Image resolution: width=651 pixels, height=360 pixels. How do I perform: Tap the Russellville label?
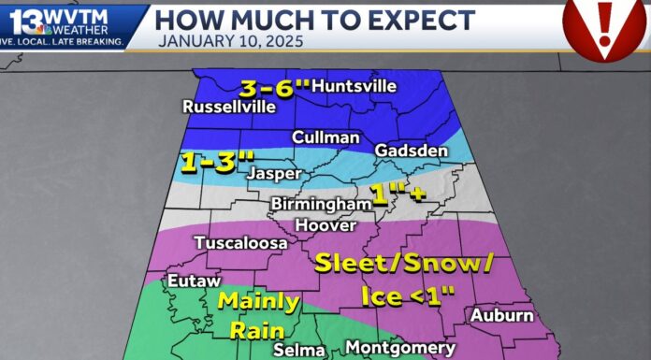click(x=229, y=107)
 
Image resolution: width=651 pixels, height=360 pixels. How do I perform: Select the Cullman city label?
click(x=325, y=137)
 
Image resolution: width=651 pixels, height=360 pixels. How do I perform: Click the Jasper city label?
click(x=274, y=173)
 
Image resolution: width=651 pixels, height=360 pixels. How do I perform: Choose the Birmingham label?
click(x=321, y=204)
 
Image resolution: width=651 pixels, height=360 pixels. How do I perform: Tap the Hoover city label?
click(x=325, y=225)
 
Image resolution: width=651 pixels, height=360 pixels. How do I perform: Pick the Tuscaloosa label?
click(x=240, y=243)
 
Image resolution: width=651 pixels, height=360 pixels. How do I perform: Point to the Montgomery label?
click(x=400, y=347)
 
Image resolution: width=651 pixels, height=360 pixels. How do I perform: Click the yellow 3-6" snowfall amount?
click(x=274, y=89)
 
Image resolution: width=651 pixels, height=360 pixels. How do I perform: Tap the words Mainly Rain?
click(x=258, y=315)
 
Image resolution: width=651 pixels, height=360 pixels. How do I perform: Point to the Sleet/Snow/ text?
click(x=403, y=263)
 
